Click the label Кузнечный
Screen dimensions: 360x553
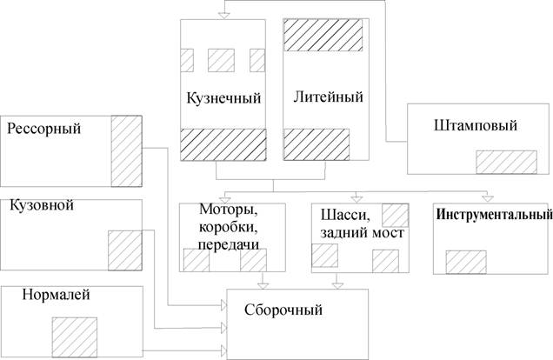tap(223, 97)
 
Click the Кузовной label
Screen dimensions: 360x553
tap(41, 206)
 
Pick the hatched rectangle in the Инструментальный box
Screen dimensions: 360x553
tap(465, 262)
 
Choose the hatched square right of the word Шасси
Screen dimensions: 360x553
tap(396, 214)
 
